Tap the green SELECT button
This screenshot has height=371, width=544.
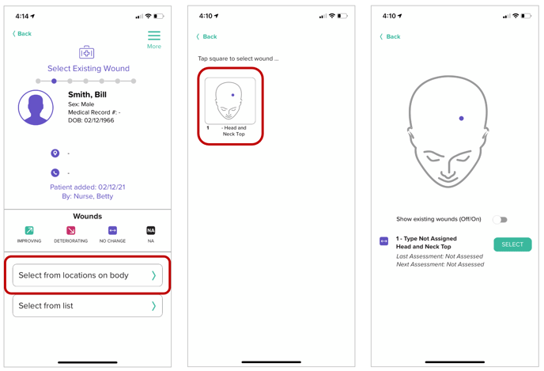tap(512, 244)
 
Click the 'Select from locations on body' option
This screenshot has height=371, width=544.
tap(88, 275)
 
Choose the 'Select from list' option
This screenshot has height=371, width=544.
tap(88, 306)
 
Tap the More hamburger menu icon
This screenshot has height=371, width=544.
tap(154, 36)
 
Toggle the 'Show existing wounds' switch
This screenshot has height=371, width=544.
tap(500, 220)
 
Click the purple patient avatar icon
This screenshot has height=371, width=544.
tap(36, 108)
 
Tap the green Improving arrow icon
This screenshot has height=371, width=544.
tap(29, 230)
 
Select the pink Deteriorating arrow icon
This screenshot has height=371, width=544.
tap(71, 230)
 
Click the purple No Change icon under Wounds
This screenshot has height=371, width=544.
tap(112, 230)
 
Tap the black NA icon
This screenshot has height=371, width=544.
tap(151, 230)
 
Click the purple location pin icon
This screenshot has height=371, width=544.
tap(55, 153)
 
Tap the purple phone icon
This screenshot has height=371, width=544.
tap(55, 172)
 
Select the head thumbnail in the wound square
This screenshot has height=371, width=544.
tap(230, 100)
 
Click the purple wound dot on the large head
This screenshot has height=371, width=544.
tap(461, 119)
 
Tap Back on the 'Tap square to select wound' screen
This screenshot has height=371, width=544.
tap(207, 36)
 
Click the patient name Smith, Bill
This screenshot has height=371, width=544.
tap(87, 94)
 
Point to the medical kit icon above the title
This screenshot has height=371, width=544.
tap(86, 52)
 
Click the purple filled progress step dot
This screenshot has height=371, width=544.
tap(54, 81)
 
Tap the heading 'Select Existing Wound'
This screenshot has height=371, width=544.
tap(89, 68)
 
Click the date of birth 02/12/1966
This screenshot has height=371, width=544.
tap(99, 120)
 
